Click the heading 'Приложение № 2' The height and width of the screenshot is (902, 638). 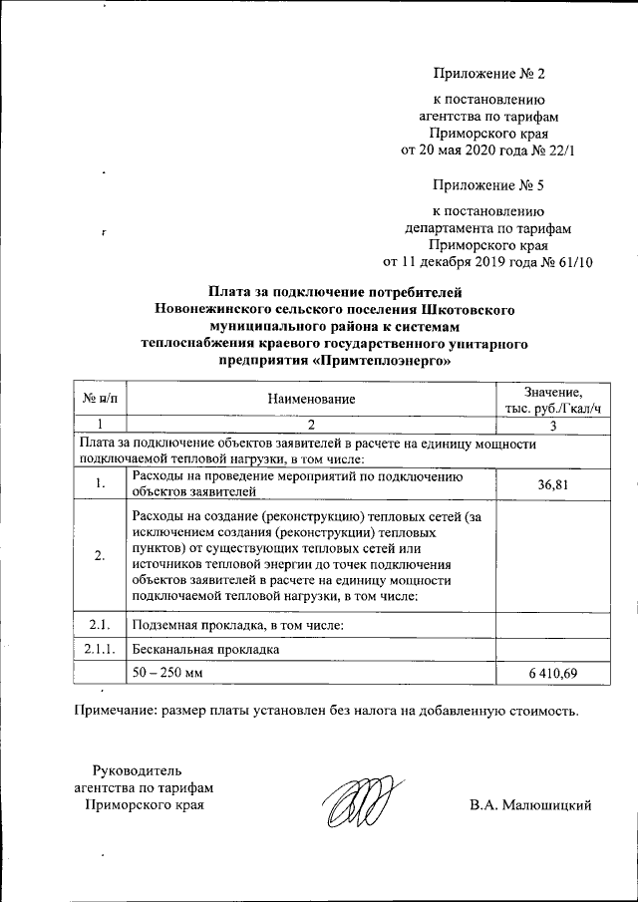(489, 74)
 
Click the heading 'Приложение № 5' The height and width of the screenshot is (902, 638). (489, 185)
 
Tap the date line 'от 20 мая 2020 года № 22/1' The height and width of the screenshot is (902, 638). (488, 150)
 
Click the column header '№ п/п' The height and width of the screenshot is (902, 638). (100, 399)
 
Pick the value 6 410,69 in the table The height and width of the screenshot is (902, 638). (551, 675)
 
